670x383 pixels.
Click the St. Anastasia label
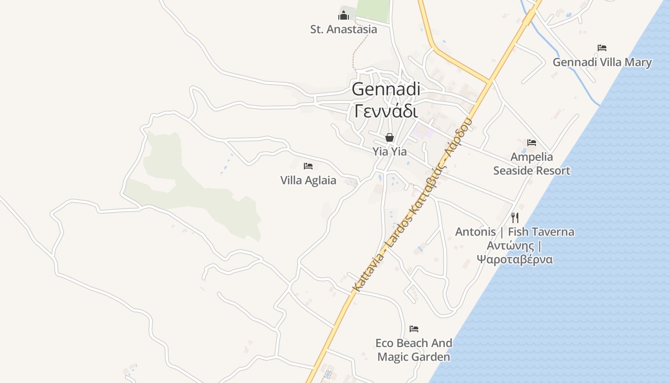pos(343,29)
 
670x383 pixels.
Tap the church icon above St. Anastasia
pos(343,16)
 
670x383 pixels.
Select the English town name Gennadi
pos(386,89)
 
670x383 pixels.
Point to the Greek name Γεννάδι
pos(386,111)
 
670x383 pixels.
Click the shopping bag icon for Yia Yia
pos(390,138)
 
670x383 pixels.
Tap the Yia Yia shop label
pos(390,152)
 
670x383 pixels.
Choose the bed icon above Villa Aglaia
pos(308,166)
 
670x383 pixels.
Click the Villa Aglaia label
pos(308,180)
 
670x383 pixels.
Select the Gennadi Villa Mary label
pos(602,62)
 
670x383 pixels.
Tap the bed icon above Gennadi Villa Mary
pos(602,48)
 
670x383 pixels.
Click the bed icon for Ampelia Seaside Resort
pos(531,143)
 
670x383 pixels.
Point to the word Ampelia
pos(531,157)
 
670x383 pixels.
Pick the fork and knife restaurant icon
pos(515,218)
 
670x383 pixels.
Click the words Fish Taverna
pos(541,232)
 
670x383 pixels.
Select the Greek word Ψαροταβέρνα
pos(514,259)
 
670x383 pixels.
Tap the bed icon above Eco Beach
pos(414,329)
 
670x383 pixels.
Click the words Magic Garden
pos(413,357)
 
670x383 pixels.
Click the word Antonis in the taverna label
pos(475,232)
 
